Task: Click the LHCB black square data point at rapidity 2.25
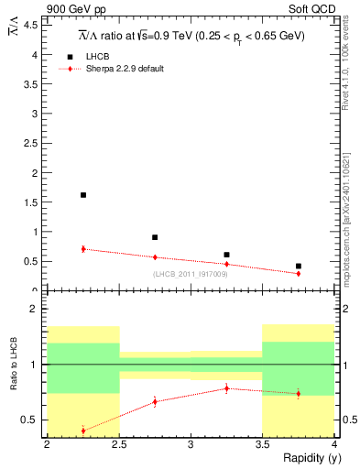[83, 195]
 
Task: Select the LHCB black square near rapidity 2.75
[155, 237]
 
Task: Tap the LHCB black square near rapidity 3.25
[226, 255]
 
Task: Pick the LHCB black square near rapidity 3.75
[299, 267]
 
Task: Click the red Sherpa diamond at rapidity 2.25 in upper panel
[83, 249]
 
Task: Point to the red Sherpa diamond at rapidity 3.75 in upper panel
[299, 273]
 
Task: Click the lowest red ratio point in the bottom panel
[83, 431]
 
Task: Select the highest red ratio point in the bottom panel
[226, 388]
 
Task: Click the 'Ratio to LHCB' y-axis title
[14, 365]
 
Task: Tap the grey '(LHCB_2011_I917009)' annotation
[191, 273]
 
